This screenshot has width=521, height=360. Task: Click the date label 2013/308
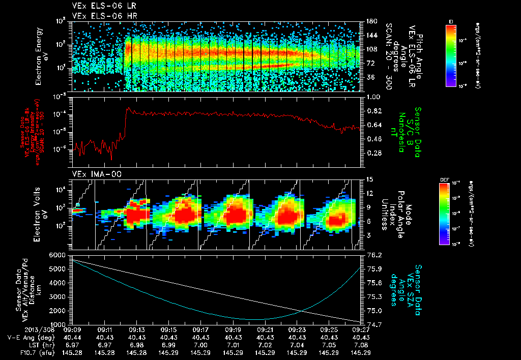tap(21, 329)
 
